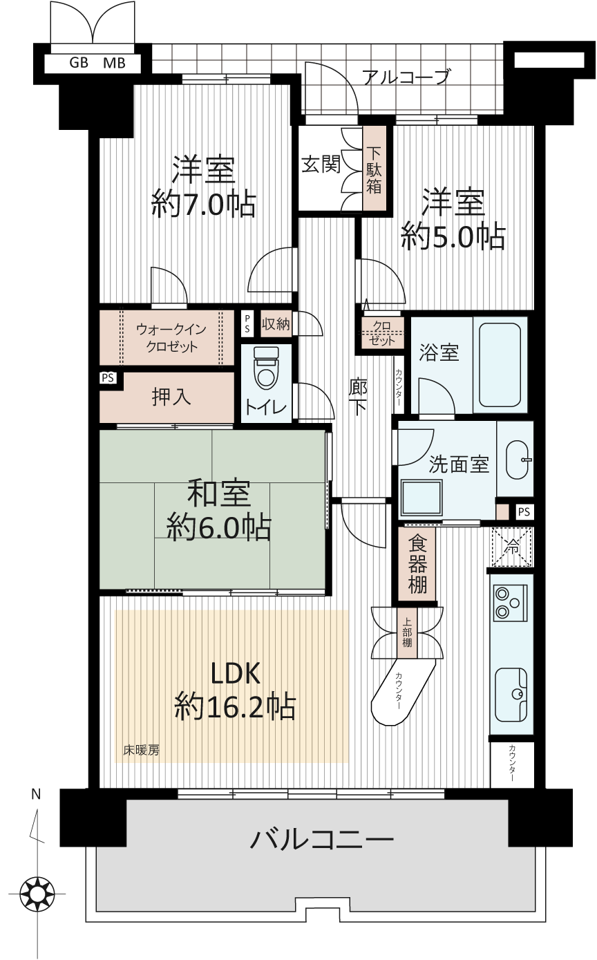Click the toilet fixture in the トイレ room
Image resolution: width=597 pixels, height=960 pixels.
tap(266, 368)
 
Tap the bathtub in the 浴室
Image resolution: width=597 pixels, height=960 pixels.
tap(500, 365)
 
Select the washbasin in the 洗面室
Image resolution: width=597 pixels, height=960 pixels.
tap(518, 459)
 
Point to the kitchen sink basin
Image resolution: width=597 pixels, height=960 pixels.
tap(511, 695)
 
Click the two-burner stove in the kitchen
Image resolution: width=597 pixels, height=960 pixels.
tap(511, 603)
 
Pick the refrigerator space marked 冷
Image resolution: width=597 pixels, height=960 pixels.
tap(512, 547)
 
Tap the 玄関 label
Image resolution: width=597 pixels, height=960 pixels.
tap(321, 164)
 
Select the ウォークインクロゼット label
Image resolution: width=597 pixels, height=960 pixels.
tap(171, 338)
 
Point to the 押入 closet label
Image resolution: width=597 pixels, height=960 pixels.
tap(171, 397)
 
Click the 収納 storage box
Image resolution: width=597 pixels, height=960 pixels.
tap(276, 324)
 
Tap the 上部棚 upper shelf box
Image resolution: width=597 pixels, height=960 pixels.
tap(407, 632)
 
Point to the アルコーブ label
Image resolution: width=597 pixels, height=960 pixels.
tap(406, 77)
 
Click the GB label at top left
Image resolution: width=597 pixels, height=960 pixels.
tap(79, 63)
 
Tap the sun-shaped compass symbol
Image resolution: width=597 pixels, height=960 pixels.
tap(37, 894)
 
